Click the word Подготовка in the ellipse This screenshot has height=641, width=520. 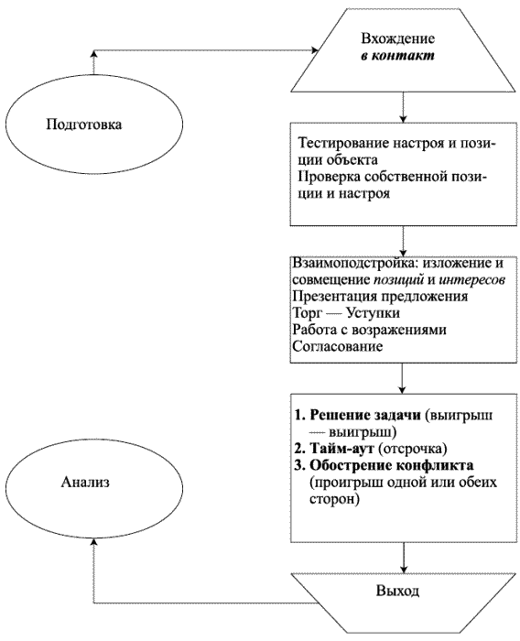[84, 125]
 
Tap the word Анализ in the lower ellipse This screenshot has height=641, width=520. [85, 483]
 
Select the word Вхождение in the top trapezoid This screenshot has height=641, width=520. [397, 38]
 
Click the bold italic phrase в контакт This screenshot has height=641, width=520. [397, 56]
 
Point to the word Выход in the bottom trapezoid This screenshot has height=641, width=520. [397, 592]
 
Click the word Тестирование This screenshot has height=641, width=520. [342, 144]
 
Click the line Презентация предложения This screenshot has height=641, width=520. [380, 296]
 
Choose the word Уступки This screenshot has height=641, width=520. [373, 313]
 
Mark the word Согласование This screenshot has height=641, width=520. [338, 347]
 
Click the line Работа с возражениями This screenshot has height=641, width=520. [370, 330]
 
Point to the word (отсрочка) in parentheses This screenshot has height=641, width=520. [413, 449]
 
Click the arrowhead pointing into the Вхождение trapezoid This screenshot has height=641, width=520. [315, 50]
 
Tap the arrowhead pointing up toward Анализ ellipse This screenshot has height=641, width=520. [94, 542]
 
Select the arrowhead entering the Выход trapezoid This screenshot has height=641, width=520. [404, 569]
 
